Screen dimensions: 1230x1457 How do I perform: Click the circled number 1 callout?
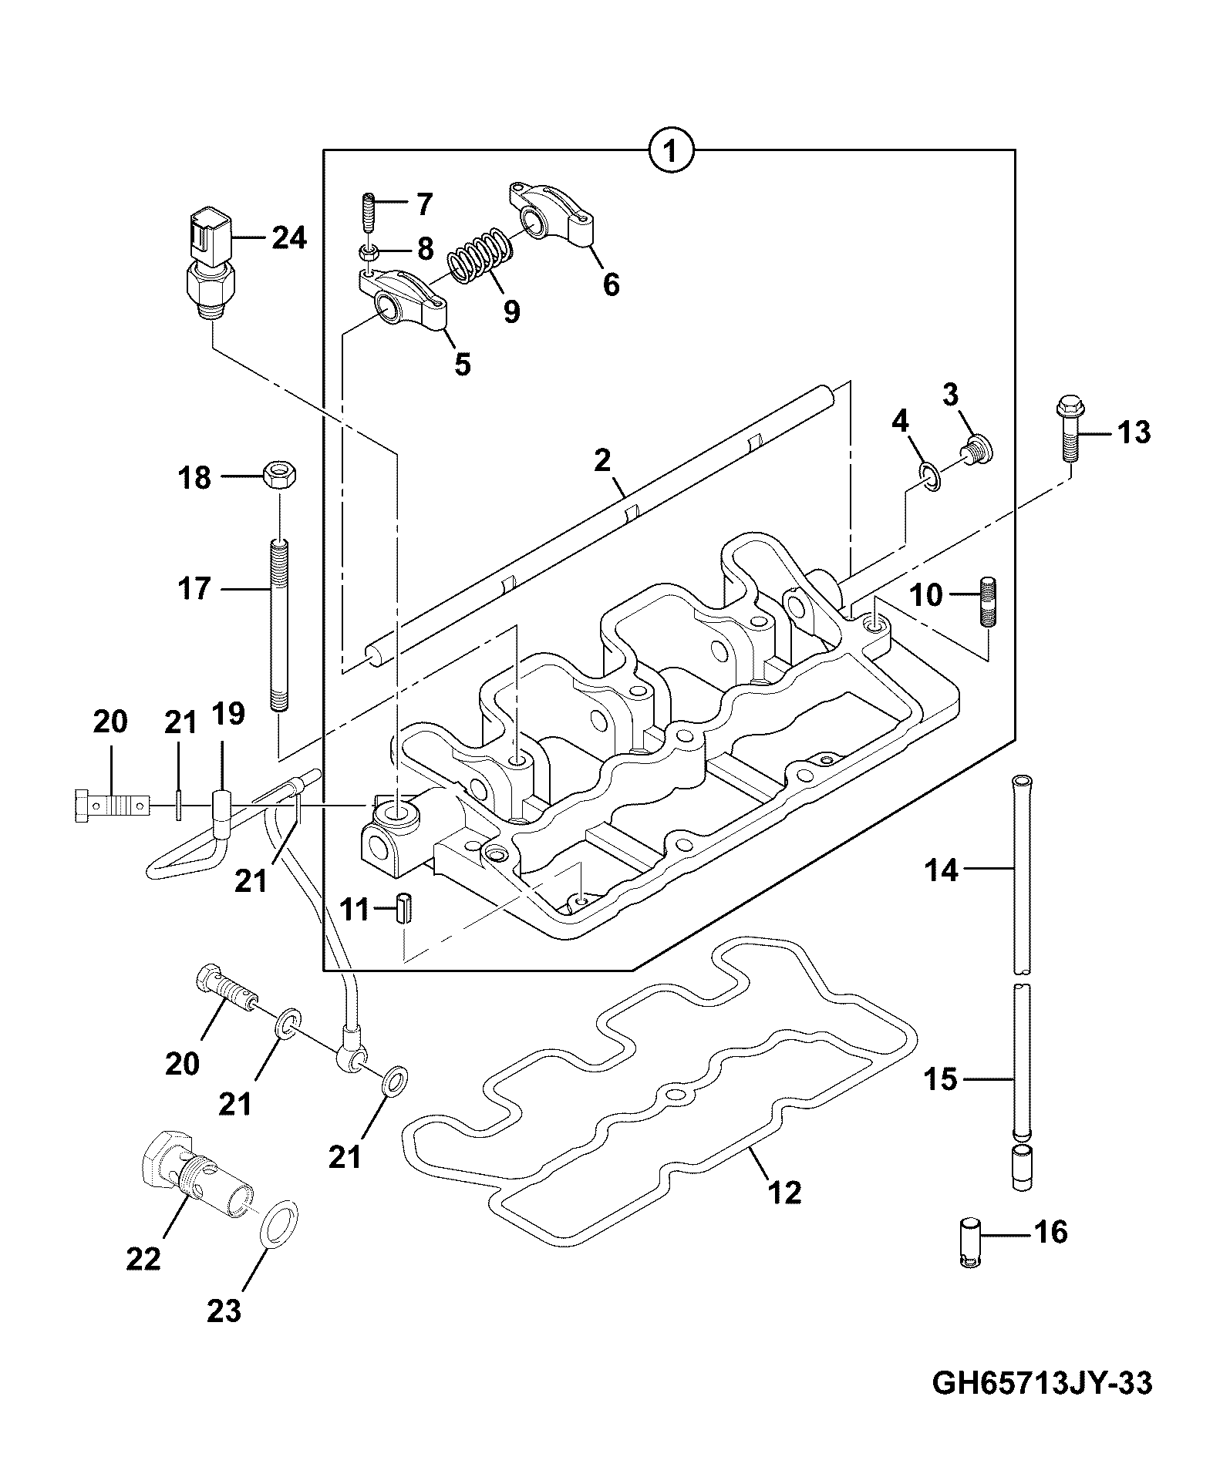pyautogui.click(x=670, y=151)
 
